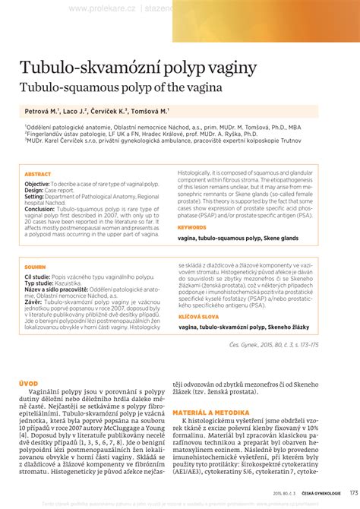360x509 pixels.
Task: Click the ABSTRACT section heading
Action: pos(38,174)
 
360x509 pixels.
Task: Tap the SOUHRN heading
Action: pos(35,268)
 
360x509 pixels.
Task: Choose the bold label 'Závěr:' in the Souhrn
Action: pos(33,301)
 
